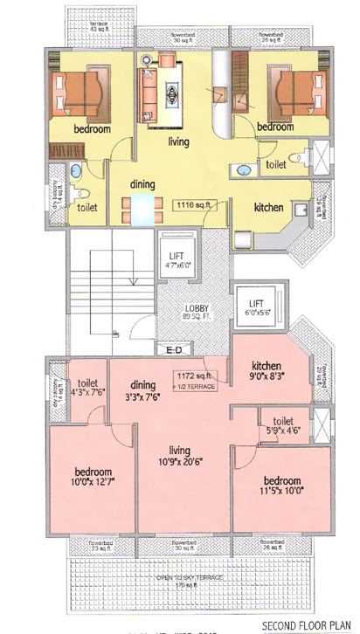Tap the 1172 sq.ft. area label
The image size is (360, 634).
pyautogui.click(x=187, y=376)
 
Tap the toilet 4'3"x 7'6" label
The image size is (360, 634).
pyautogui.click(x=87, y=387)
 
